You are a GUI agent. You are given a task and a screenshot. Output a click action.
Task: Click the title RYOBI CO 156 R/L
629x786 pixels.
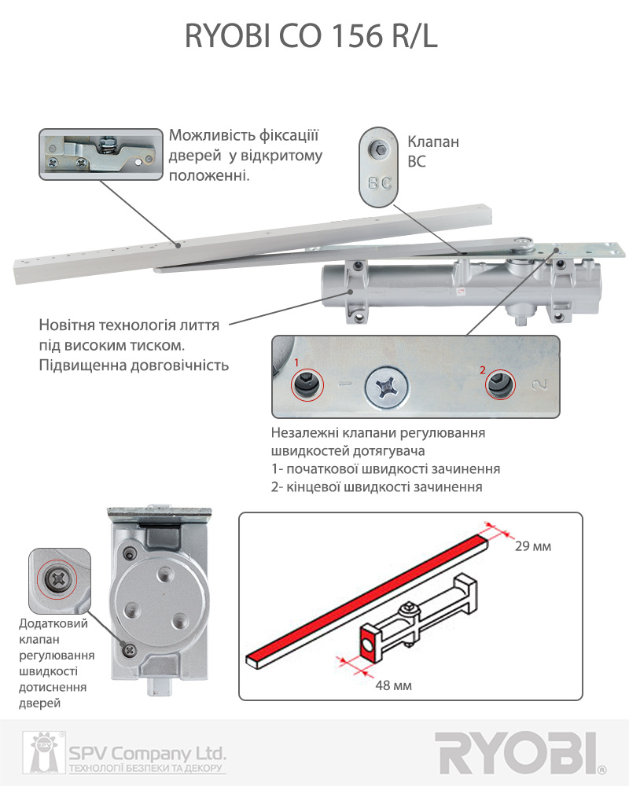[311, 36]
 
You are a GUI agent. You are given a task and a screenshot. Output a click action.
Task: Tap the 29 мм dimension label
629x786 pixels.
[533, 546]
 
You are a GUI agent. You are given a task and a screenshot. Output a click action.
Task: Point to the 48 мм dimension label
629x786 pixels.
[393, 685]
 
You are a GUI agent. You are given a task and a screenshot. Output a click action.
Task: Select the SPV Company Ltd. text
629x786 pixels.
[148, 753]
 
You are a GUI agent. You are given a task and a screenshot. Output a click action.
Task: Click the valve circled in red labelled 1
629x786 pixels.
[307, 384]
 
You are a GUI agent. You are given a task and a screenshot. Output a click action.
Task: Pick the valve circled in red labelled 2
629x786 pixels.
[500, 384]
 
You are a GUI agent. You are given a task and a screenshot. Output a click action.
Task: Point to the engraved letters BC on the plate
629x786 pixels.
[379, 183]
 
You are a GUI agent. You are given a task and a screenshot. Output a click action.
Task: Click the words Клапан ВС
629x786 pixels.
[433, 152]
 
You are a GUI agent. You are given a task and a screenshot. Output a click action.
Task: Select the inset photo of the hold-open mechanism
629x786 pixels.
[101, 154]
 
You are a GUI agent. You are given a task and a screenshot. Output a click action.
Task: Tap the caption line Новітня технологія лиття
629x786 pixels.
[129, 325]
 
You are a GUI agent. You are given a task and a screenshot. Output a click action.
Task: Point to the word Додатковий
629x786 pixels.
[53, 623]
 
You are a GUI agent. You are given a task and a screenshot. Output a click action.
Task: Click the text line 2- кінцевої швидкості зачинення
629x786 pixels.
[376, 487]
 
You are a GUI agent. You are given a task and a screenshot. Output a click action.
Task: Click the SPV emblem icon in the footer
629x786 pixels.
[43, 752]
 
